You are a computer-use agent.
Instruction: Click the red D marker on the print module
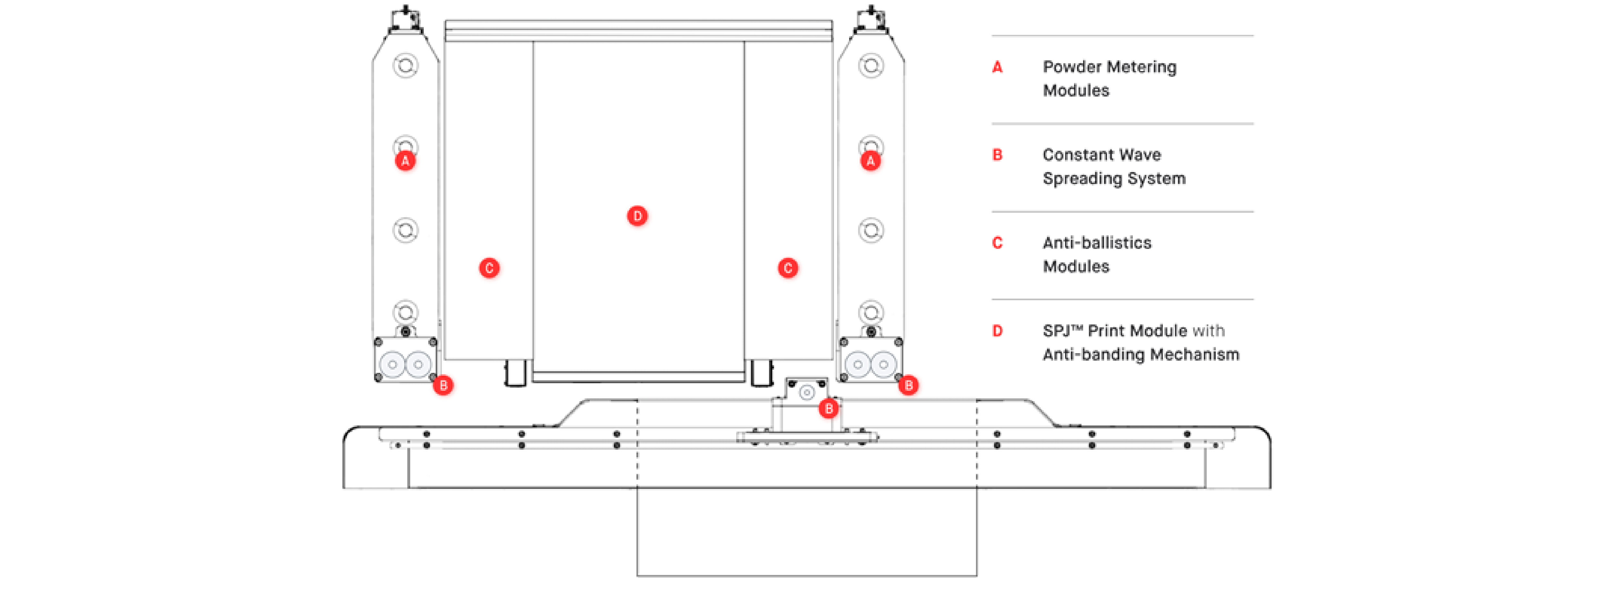(637, 216)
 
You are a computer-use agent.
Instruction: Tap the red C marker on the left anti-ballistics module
(489, 268)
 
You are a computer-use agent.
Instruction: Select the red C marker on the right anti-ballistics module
(788, 268)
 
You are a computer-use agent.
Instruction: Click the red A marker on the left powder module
(405, 161)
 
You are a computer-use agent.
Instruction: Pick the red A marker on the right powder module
(870, 161)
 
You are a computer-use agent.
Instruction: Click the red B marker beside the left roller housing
(443, 385)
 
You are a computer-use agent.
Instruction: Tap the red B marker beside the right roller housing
(909, 385)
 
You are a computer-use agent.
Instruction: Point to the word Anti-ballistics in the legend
(1097, 243)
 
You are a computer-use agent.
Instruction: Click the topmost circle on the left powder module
(405, 65)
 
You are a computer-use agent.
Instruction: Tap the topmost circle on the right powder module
(871, 65)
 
